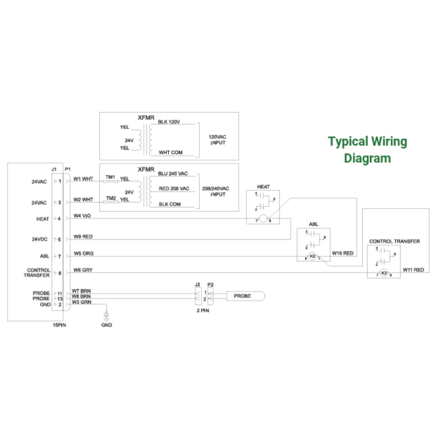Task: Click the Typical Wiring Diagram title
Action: (368, 150)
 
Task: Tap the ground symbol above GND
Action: (106, 316)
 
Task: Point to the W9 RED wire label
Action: (83, 237)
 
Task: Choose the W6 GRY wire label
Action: (83, 270)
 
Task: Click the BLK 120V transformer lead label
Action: (169, 121)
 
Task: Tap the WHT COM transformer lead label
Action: (170, 152)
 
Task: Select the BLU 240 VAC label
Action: (173, 173)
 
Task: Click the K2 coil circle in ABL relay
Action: (313, 257)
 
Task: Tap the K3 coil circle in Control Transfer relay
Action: (384, 273)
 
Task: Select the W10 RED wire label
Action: (343, 254)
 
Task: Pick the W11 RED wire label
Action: (414, 270)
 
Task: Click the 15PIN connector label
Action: (59, 325)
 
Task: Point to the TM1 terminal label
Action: (110, 177)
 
